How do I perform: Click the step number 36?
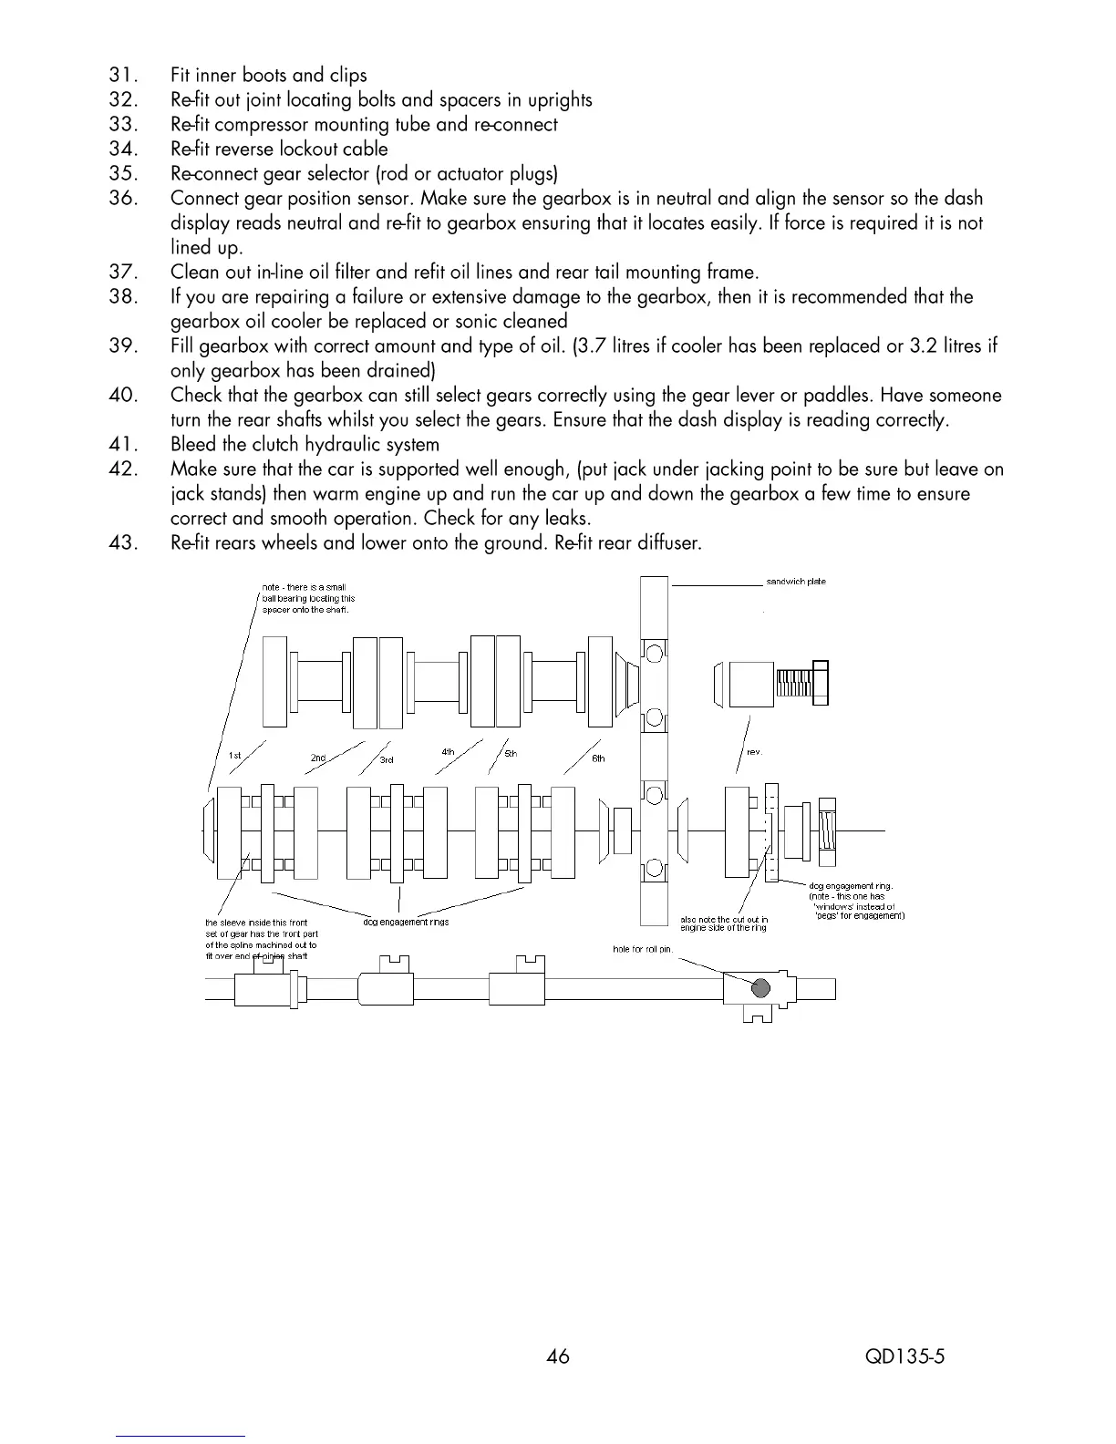pos(122,199)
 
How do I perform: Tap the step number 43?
pos(122,544)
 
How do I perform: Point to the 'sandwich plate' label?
pos(796,582)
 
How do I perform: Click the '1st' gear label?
pos(235,755)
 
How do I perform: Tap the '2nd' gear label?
pos(318,758)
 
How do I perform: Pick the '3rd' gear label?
pos(387,759)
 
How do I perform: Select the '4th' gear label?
pos(448,752)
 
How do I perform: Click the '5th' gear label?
pos(511,754)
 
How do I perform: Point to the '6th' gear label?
pos(598,758)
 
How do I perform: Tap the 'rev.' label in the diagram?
pos(754,752)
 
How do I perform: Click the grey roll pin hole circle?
pos(759,987)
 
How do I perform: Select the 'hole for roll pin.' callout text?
pos(642,950)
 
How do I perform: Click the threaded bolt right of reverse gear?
pos(802,682)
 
